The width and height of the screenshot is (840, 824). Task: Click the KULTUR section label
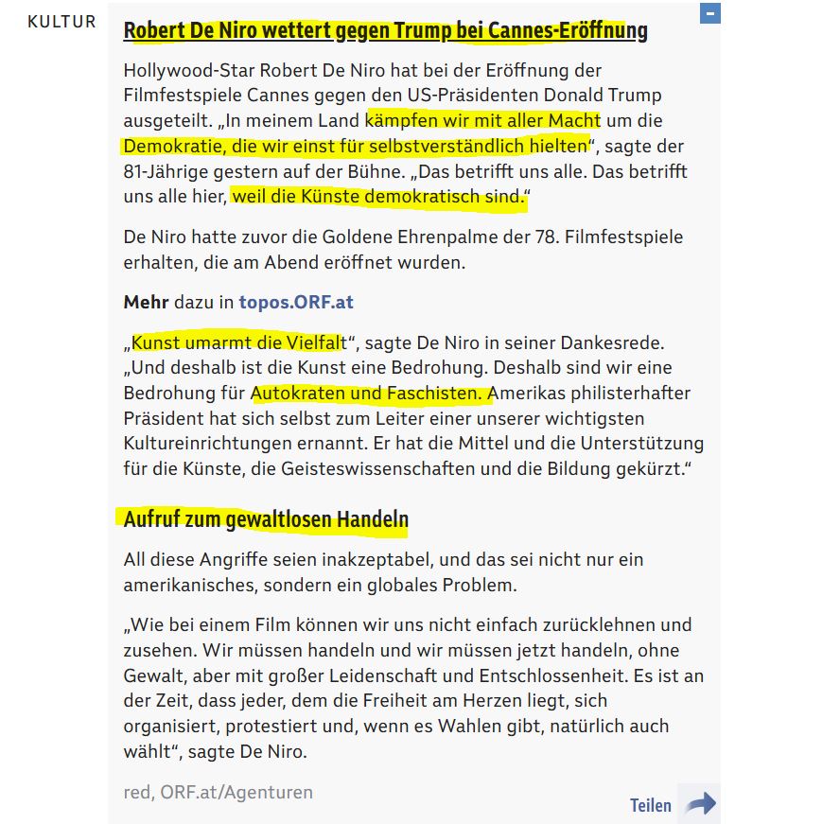click(61, 21)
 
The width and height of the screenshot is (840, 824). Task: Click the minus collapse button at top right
click(710, 14)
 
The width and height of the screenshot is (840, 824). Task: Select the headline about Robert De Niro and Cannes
click(385, 30)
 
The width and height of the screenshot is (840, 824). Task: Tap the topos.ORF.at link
click(296, 303)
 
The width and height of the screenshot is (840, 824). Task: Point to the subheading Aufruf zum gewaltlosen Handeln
click(266, 519)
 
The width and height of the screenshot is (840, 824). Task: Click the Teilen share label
click(651, 805)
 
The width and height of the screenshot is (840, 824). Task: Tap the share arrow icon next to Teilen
click(700, 804)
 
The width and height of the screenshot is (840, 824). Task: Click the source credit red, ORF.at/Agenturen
click(218, 792)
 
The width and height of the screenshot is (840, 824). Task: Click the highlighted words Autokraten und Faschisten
click(372, 393)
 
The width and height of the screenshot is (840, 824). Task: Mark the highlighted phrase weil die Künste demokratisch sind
click(378, 198)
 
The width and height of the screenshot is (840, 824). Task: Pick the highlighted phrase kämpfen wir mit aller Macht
click(482, 121)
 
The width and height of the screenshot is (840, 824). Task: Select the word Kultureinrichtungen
click(215, 418)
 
